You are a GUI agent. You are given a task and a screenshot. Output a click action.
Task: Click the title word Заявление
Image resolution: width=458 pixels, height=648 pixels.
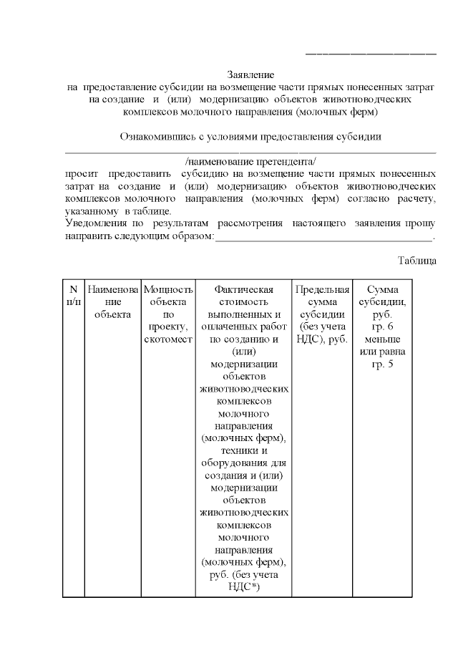point(250,74)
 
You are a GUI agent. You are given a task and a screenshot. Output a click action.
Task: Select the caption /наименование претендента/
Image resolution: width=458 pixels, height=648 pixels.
point(250,160)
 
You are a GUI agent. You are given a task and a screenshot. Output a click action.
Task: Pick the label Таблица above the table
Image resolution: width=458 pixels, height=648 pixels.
point(416,261)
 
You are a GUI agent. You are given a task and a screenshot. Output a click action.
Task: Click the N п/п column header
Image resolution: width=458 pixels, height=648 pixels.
point(73,296)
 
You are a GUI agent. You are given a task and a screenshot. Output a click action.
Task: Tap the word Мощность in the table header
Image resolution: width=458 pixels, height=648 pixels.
point(168,289)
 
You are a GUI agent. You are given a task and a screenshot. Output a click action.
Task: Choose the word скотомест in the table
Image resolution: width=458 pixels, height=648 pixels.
point(168,339)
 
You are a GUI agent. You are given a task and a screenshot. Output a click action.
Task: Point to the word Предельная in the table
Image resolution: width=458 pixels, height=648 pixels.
point(322,289)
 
